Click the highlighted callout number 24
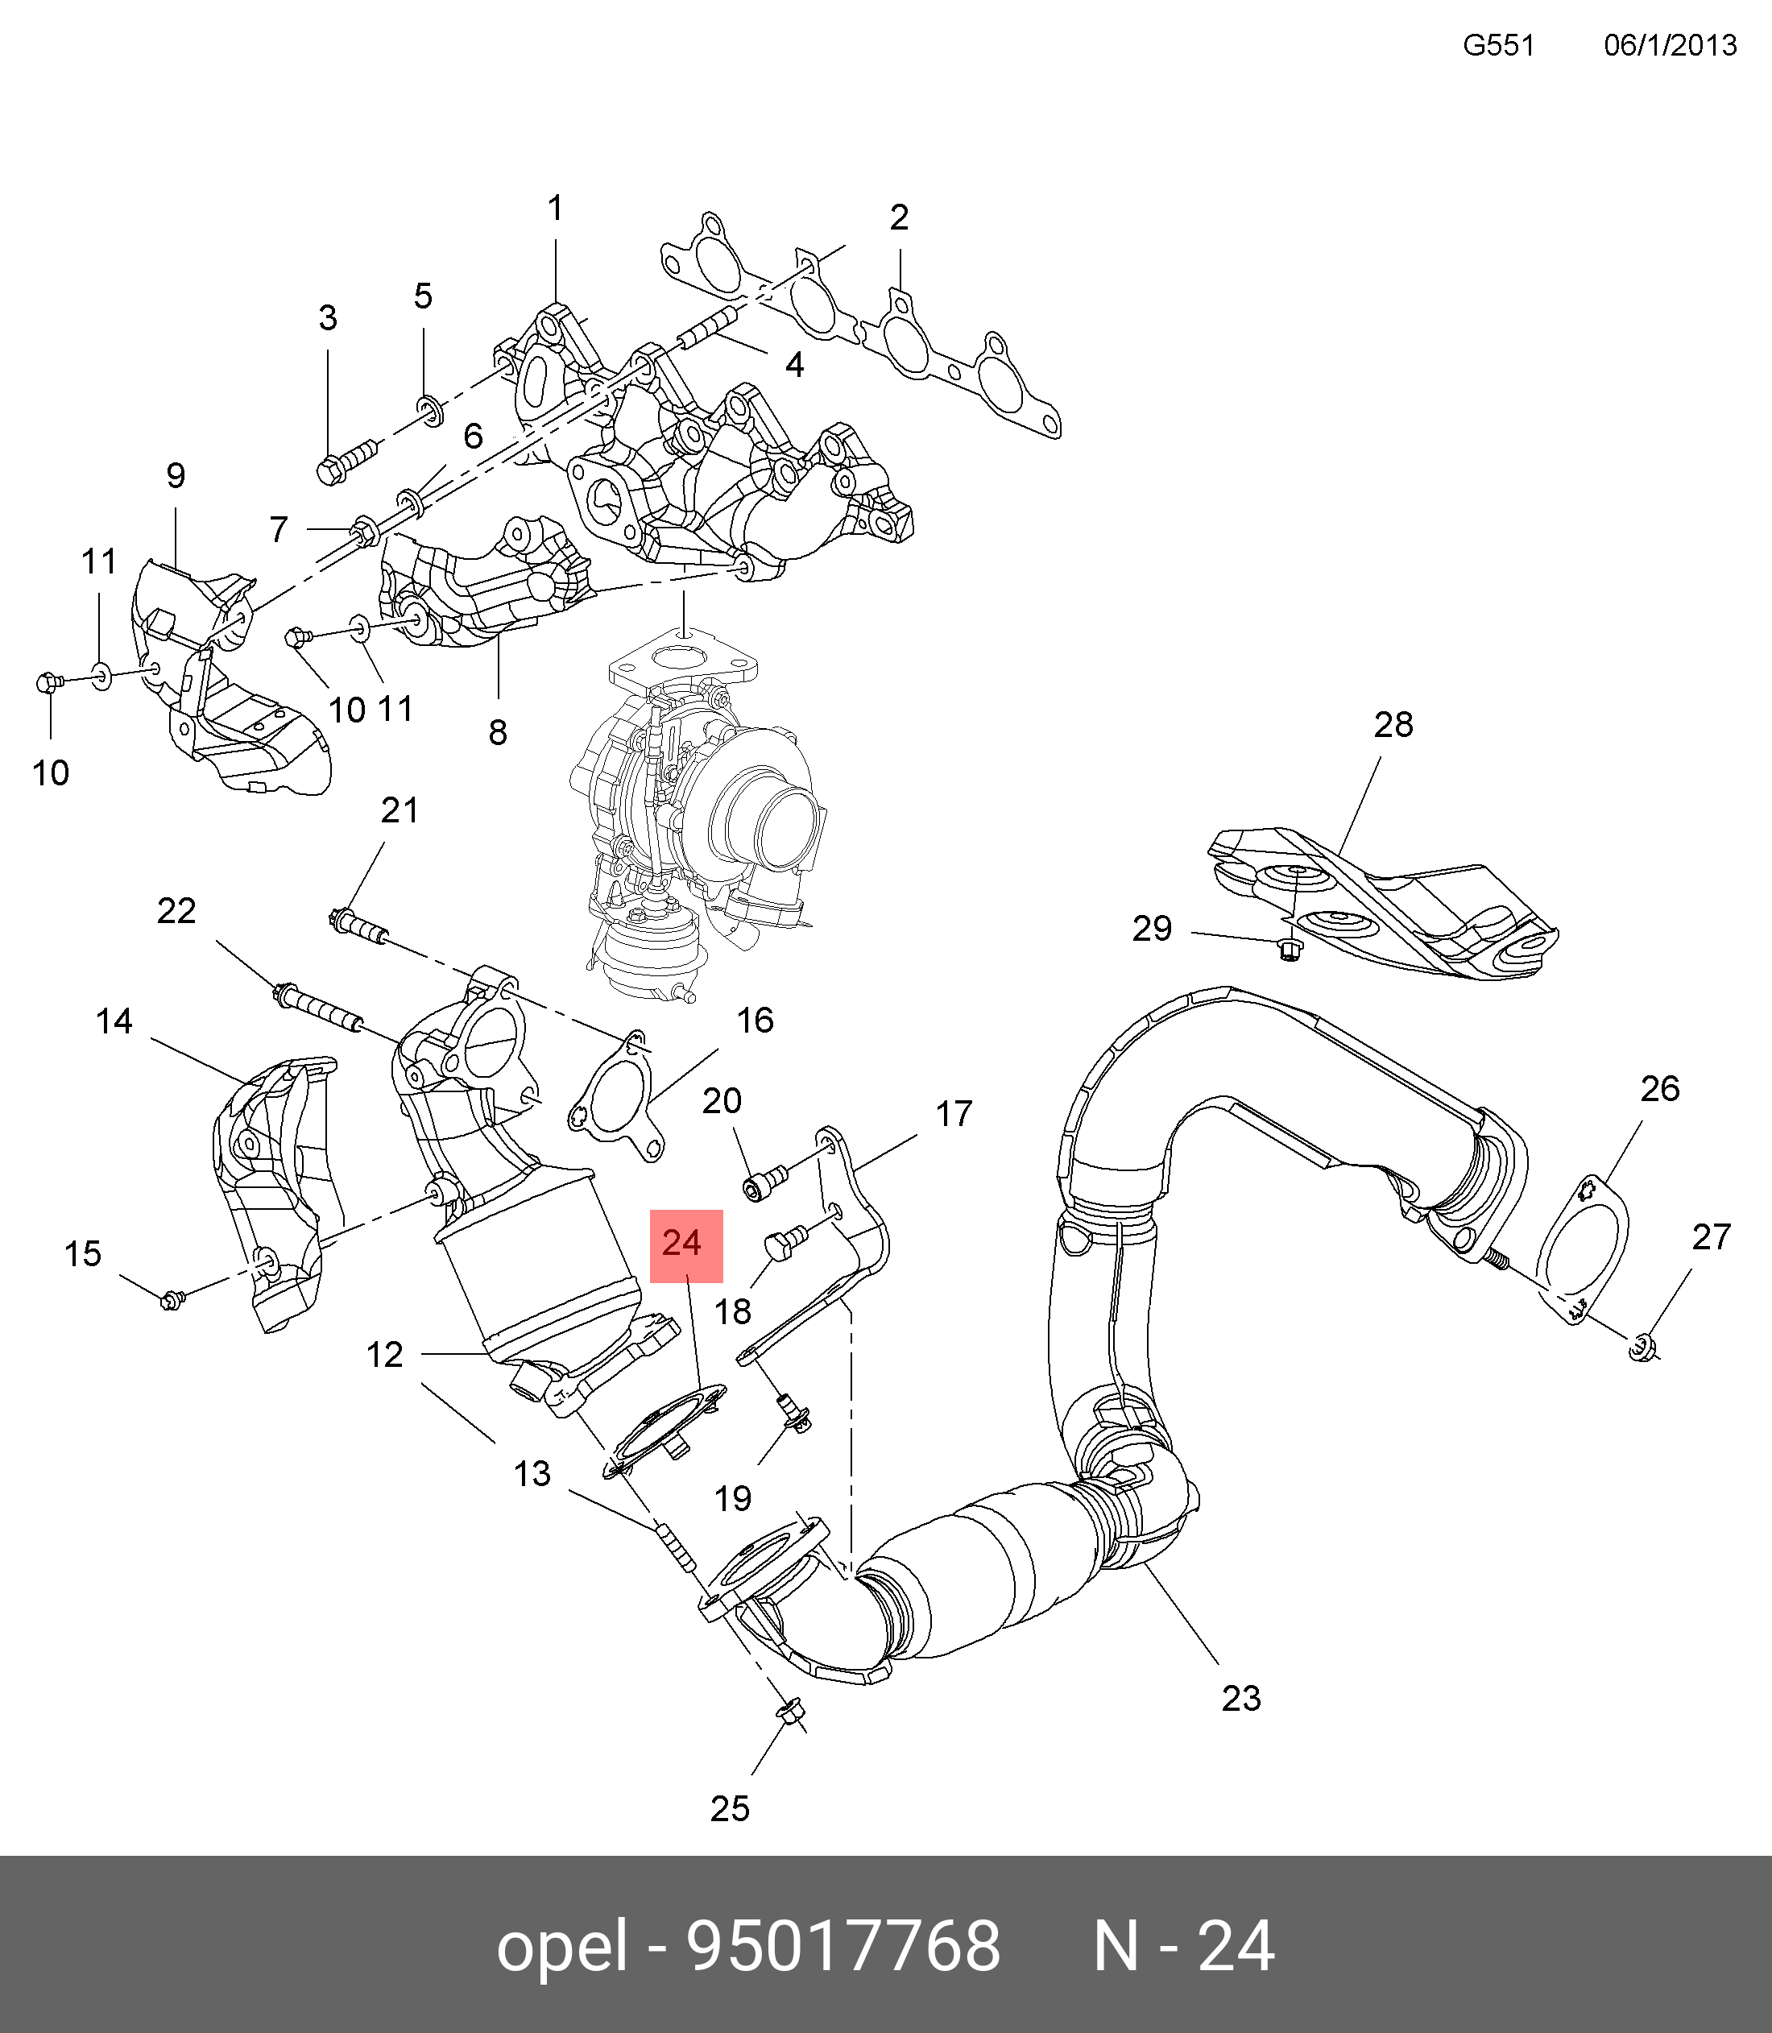coord(685,1244)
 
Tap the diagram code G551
coord(1498,45)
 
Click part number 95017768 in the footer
coord(843,1947)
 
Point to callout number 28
coord(1393,725)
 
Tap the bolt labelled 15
coord(171,1299)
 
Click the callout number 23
coord(1241,1698)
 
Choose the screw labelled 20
coord(764,1182)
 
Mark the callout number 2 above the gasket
coord(898,217)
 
